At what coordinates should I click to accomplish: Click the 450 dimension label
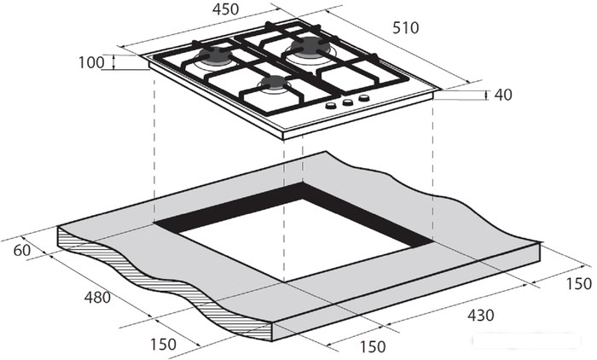(225, 9)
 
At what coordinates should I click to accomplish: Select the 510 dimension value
(405, 28)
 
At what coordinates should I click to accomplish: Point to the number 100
(91, 62)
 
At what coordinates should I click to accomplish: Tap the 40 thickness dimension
(503, 95)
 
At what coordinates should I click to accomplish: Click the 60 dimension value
(21, 251)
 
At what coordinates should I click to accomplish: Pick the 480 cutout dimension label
(97, 297)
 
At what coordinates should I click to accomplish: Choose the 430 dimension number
(480, 315)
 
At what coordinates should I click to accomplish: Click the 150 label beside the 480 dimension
(163, 345)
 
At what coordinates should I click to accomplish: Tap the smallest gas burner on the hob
(274, 84)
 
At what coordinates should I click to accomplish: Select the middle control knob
(347, 102)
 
